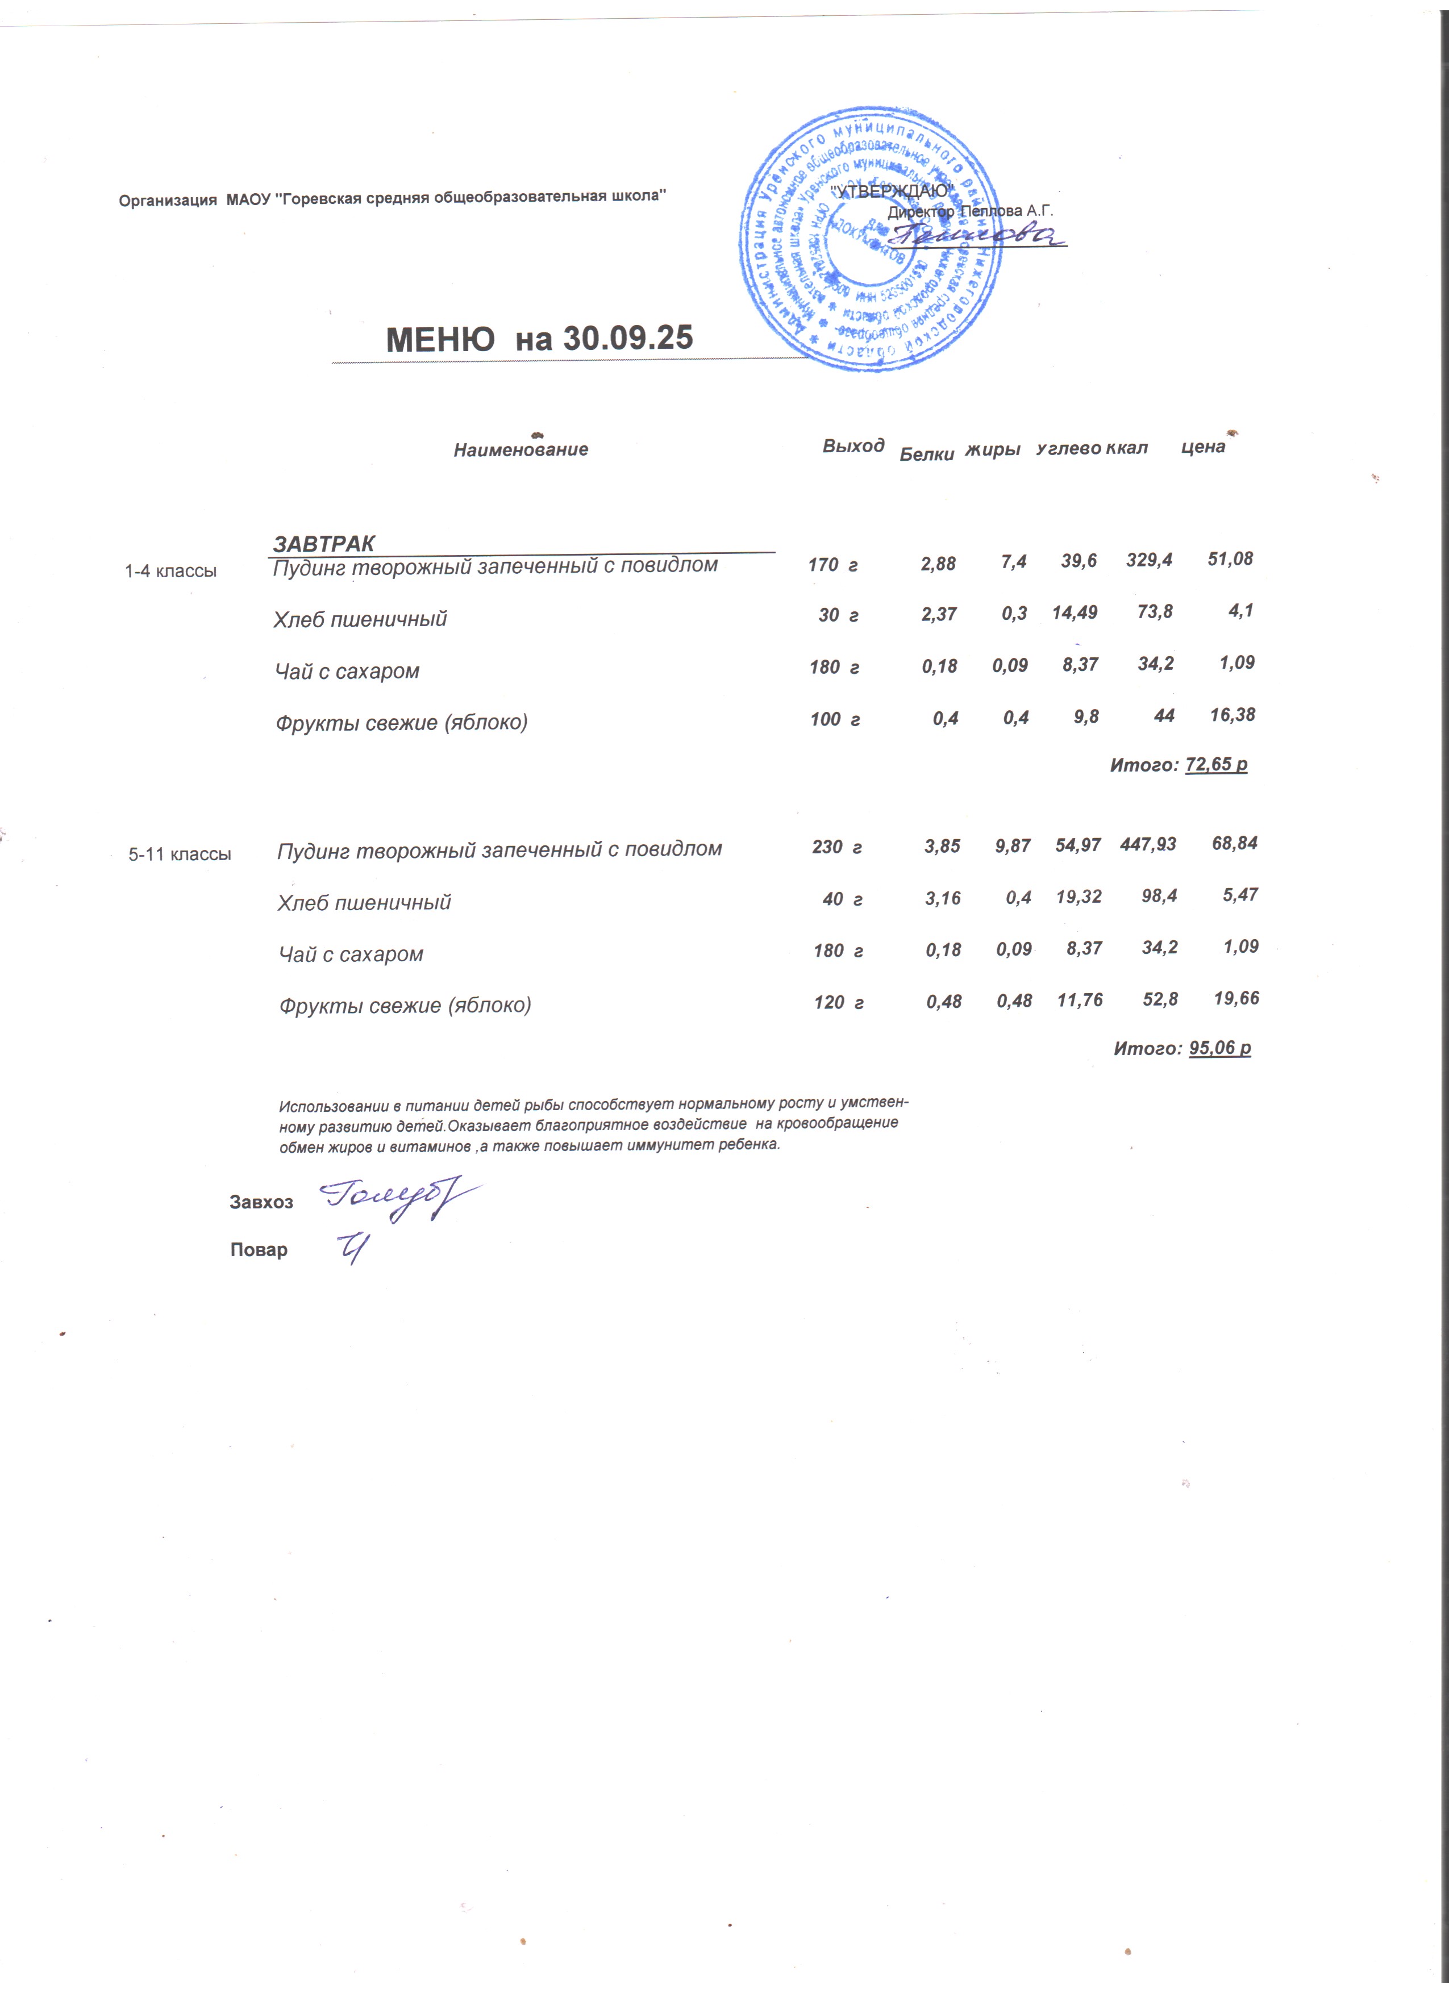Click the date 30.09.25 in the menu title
[x=627, y=338]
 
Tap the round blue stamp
[x=870, y=239]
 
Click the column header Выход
[x=852, y=445]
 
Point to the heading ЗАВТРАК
[x=324, y=543]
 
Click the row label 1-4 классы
[x=170, y=571]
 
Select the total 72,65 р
[x=1215, y=765]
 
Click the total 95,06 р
[x=1219, y=1048]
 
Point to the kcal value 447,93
[x=1148, y=844]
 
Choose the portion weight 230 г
[x=836, y=847]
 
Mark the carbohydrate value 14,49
[x=1074, y=612]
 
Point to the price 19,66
[x=1235, y=998]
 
